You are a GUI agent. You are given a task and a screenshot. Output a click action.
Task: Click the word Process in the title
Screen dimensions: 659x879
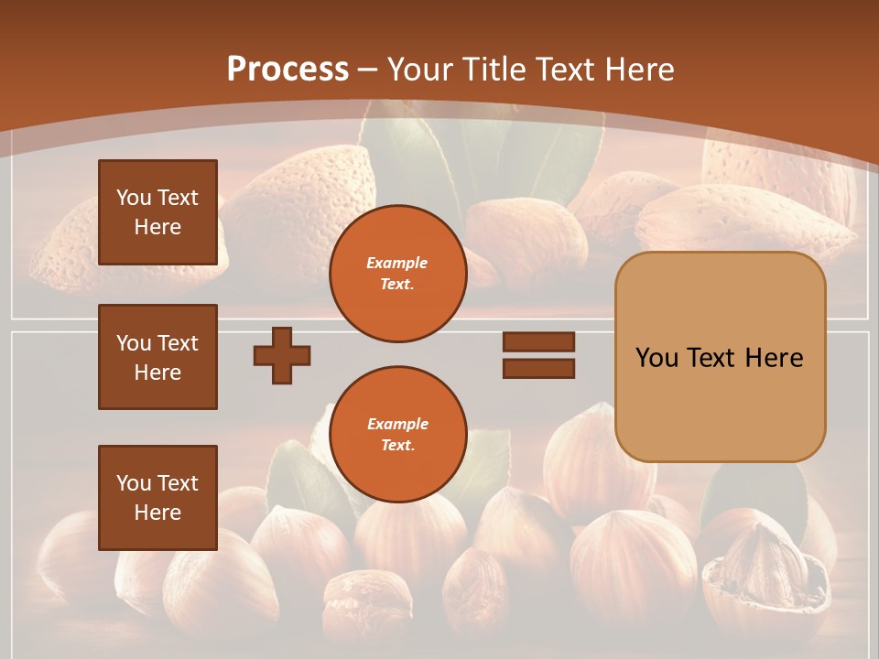coord(288,69)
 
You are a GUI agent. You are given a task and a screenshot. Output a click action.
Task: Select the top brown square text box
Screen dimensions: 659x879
coord(157,212)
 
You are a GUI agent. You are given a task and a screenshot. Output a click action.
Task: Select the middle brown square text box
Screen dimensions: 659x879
coord(157,357)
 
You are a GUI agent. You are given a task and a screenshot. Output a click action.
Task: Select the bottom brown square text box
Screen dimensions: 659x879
coord(157,498)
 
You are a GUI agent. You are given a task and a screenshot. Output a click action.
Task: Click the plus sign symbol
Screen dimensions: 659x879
coord(282,355)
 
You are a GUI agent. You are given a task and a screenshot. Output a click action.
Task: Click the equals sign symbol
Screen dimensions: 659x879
coord(538,355)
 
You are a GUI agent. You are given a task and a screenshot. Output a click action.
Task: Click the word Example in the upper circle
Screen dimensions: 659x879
coord(397,263)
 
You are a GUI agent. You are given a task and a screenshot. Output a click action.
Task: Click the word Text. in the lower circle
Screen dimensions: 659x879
coord(397,445)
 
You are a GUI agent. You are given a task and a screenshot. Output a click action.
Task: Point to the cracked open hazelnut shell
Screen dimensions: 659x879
coord(760,567)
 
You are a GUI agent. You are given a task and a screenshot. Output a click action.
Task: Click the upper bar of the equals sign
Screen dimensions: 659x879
coord(538,342)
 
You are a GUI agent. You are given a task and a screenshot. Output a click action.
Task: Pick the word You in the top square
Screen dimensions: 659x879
coord(134,198)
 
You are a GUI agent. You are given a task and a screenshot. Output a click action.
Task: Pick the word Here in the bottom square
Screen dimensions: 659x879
coord(157,513)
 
